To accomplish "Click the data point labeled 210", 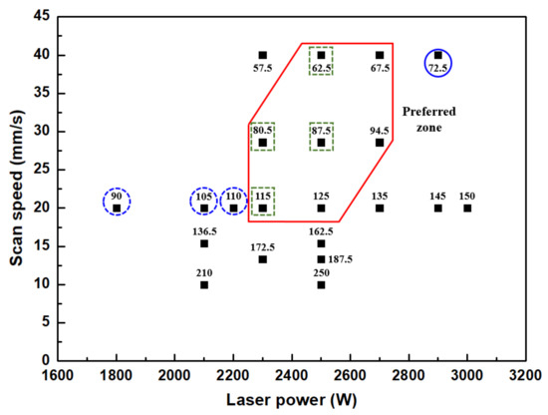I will coord(204,284).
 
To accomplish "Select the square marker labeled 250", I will coord(321,284).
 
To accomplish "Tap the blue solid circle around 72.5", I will coord(437,61).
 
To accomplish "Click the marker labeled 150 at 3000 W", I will coord(467,207).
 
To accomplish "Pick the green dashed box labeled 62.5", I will coord(321,61).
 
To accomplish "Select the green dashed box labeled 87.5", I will coord(321,137).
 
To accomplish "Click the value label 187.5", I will coord(342,259).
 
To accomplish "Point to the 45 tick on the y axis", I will coord(43,16).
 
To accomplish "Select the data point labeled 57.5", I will coord(262,55).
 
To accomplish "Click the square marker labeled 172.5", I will coord(262,259).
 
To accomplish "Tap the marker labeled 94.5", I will coord(380,143).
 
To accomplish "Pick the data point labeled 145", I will coord(437,207).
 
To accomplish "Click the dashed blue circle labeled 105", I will coord(204,203).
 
